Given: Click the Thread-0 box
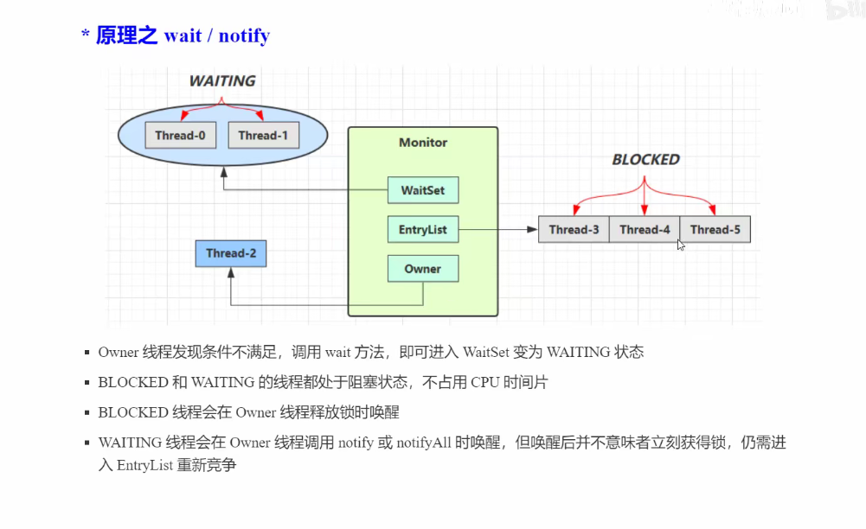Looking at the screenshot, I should (x=180, y=135).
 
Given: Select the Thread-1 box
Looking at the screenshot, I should (x=263, y=135).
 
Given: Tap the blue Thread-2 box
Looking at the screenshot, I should (x=231, y=253).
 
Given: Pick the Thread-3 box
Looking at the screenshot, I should (x=574, y=229).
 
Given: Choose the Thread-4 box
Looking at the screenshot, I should (x=645, y=229).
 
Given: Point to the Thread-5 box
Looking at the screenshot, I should (x=715, y=229).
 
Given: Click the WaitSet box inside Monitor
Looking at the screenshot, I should (x=422, y=190).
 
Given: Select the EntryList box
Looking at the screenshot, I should (x=422, y=230).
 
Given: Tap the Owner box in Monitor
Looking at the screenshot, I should (x=422, y=269).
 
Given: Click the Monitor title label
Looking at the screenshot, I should (x=423, y=142).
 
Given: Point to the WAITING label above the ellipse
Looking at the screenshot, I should (x=222, y=80).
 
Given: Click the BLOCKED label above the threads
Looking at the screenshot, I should (x=645, y=159).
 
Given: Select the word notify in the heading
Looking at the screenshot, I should (x=244, y=35).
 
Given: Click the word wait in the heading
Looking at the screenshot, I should (x=183, y=35).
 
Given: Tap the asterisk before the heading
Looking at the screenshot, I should (x=86, y=35).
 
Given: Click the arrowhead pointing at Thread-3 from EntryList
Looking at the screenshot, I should (x=532, y=229).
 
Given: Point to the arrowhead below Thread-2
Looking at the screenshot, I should (x=231, y=273).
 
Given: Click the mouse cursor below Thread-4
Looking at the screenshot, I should (x=681, y=245).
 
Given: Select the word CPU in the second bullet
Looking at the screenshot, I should (x=485, y=382).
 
